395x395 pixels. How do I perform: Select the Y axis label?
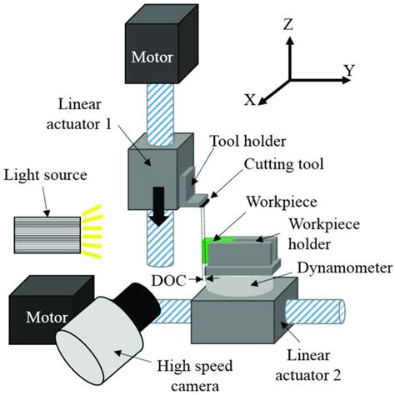(348, 70)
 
